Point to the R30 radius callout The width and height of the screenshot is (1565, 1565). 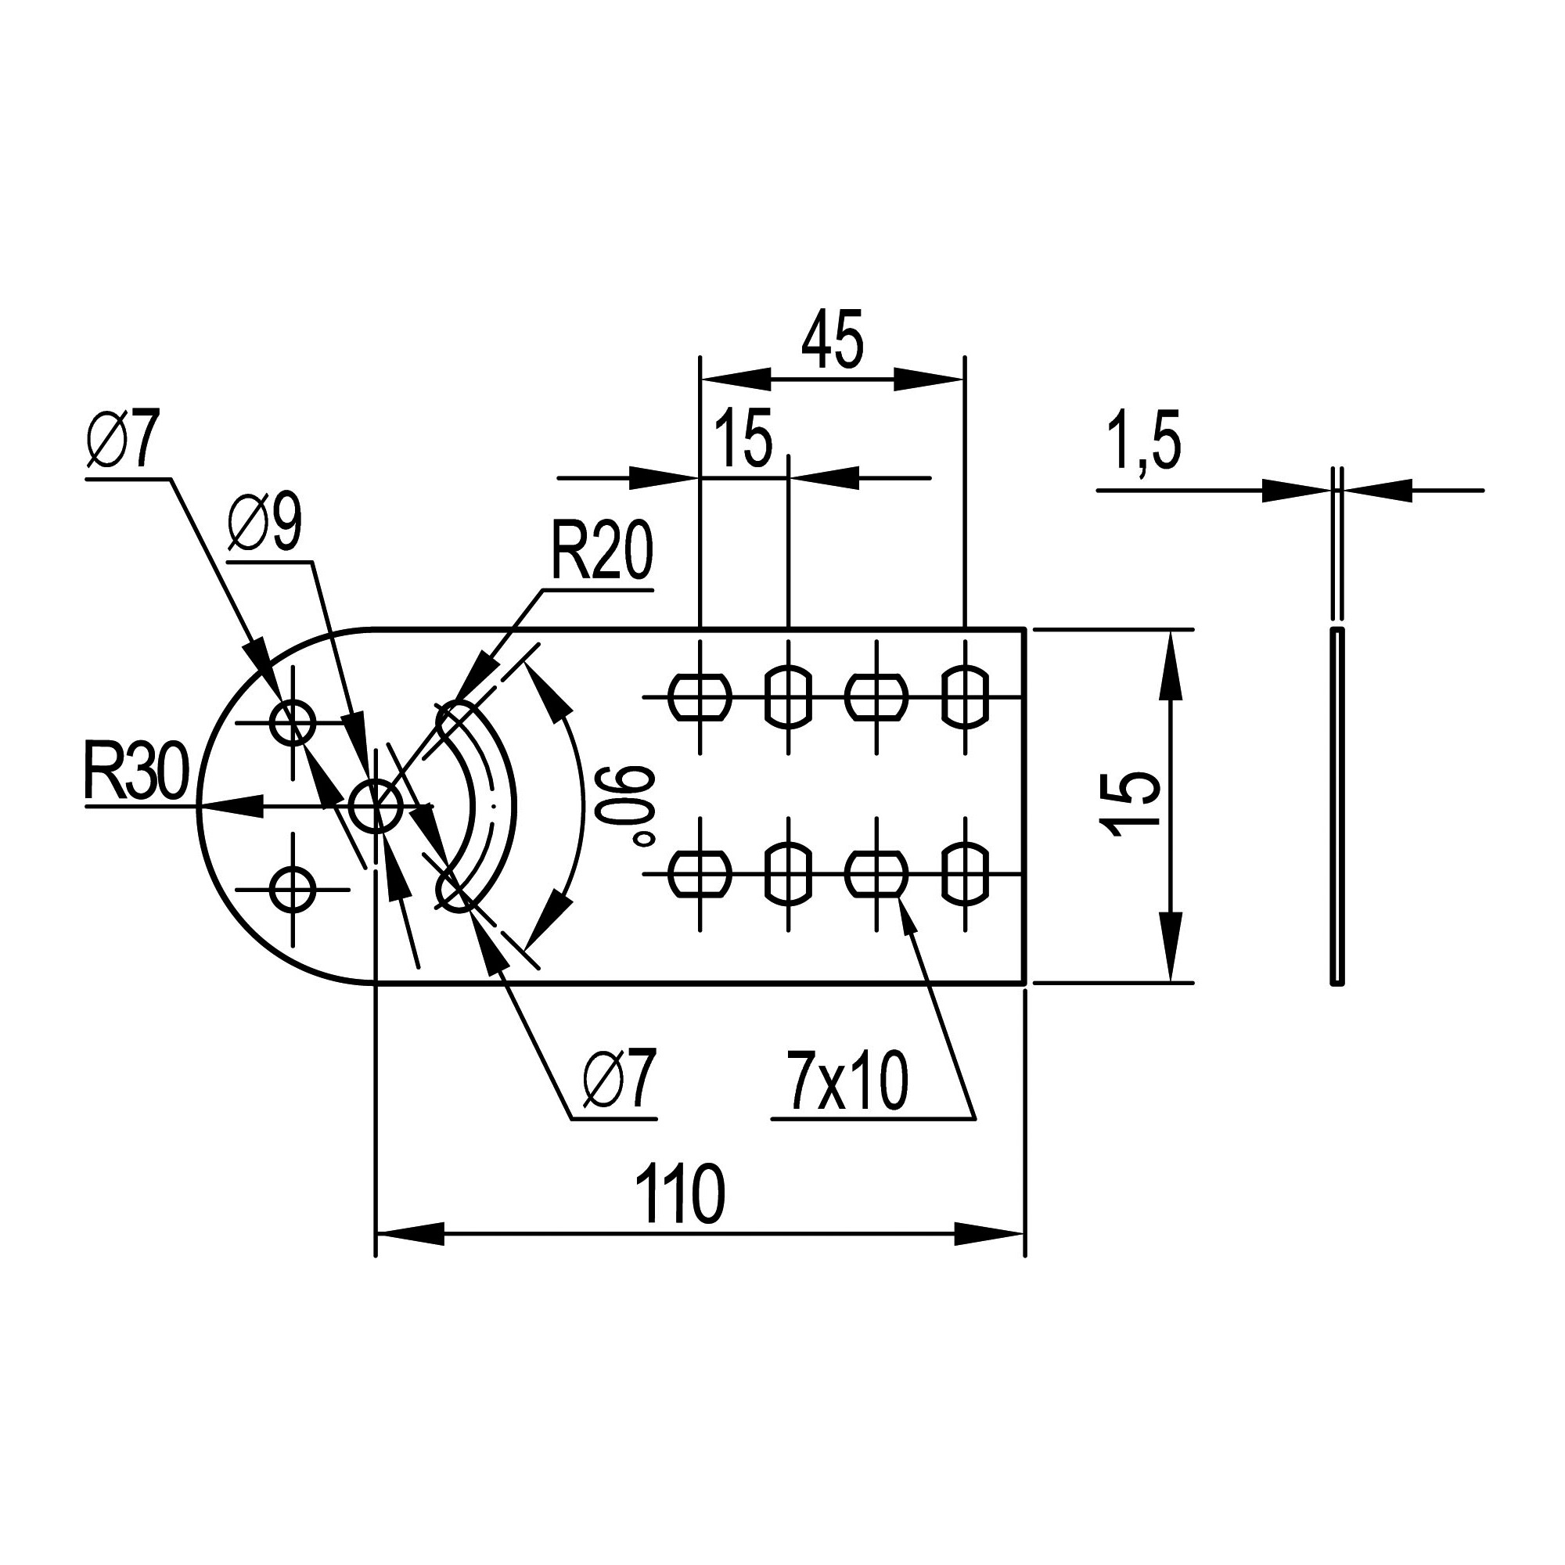[136, 773]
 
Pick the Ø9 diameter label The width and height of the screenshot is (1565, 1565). [265, 524]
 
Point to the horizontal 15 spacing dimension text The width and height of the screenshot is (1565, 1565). [743, 441]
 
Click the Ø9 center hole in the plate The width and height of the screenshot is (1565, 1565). [376, 805]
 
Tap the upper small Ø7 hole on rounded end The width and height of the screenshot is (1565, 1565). [293, 723]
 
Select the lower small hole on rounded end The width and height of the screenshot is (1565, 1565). [293, 889]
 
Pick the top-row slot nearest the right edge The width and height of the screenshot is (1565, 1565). [966, 696]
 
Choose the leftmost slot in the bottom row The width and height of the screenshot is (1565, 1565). [700, 873]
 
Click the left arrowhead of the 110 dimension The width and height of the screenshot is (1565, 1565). [410, 1235]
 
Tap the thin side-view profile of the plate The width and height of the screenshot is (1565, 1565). [1337, 805]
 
